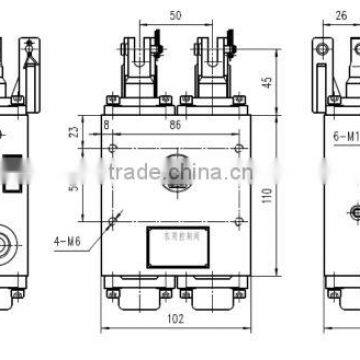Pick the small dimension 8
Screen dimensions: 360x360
pos(107,126)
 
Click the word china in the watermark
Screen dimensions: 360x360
pos(200,177)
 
